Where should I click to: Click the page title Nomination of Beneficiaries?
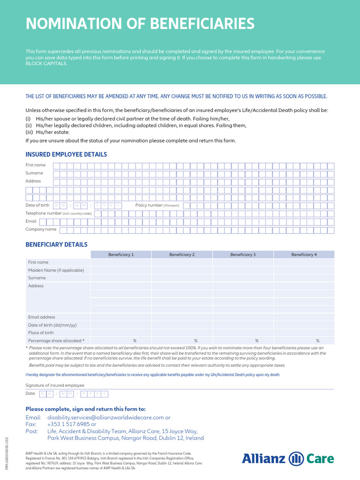point(140,23)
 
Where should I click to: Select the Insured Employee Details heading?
point(66,154)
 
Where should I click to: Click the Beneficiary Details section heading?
point(56,245)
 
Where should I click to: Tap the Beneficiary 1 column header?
point(121,255)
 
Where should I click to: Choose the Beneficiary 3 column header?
point(243,255)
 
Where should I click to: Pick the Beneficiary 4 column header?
point(304,255)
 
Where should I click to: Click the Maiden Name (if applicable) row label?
point(56,270)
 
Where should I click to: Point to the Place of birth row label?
point(41,333)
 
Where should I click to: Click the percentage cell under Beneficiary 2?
point(182,341)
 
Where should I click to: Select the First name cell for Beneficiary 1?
point(121,262)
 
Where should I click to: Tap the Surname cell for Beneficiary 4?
point(304,278)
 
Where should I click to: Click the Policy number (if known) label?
point(157,205)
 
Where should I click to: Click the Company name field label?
point(41,230)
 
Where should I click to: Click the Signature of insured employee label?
point(55,385)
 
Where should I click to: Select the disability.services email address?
point(105,417)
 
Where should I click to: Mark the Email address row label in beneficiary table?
point(41,317)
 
